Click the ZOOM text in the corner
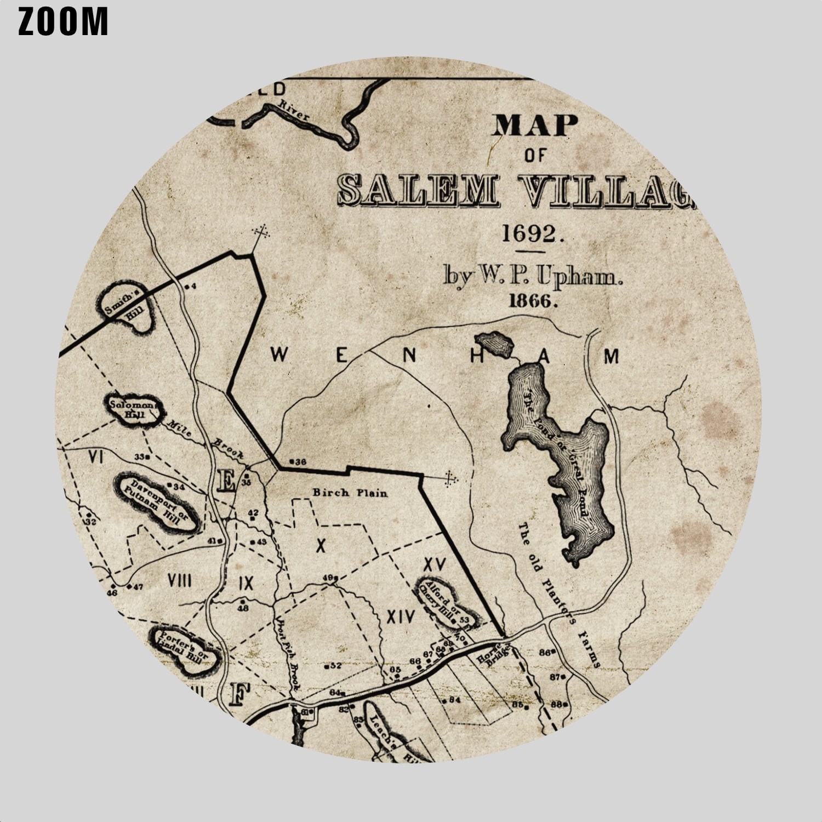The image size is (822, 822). coord(63,22)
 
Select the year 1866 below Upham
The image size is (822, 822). coord(533,300)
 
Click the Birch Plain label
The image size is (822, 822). coord(350,493)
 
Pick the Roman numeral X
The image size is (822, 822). coord(321,545)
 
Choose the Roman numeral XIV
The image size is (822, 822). coord(401,618)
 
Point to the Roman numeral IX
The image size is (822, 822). coord(246,583)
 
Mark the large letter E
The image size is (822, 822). coord(225,481)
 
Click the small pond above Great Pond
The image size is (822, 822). coord(494,344)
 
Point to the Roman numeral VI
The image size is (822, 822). coord(96,456)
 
